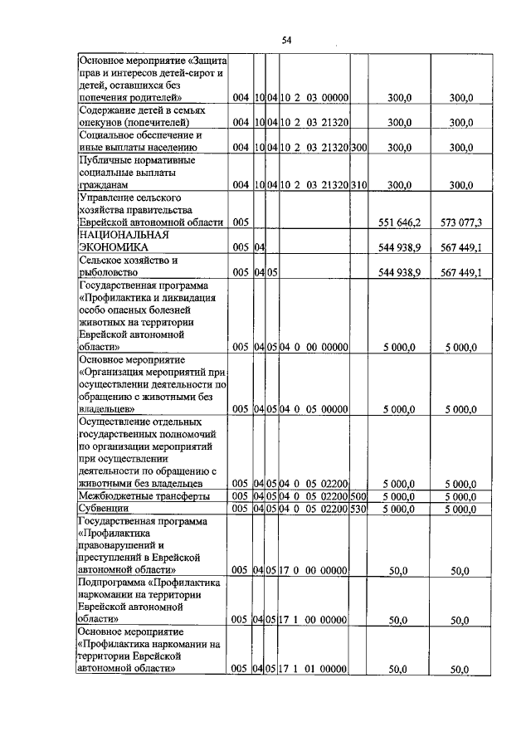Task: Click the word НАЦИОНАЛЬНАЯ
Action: [x=124, y=234]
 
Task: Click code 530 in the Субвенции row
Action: [x=359, y=508]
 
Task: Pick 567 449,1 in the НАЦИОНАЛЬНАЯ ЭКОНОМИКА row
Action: [x=462, y=247]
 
